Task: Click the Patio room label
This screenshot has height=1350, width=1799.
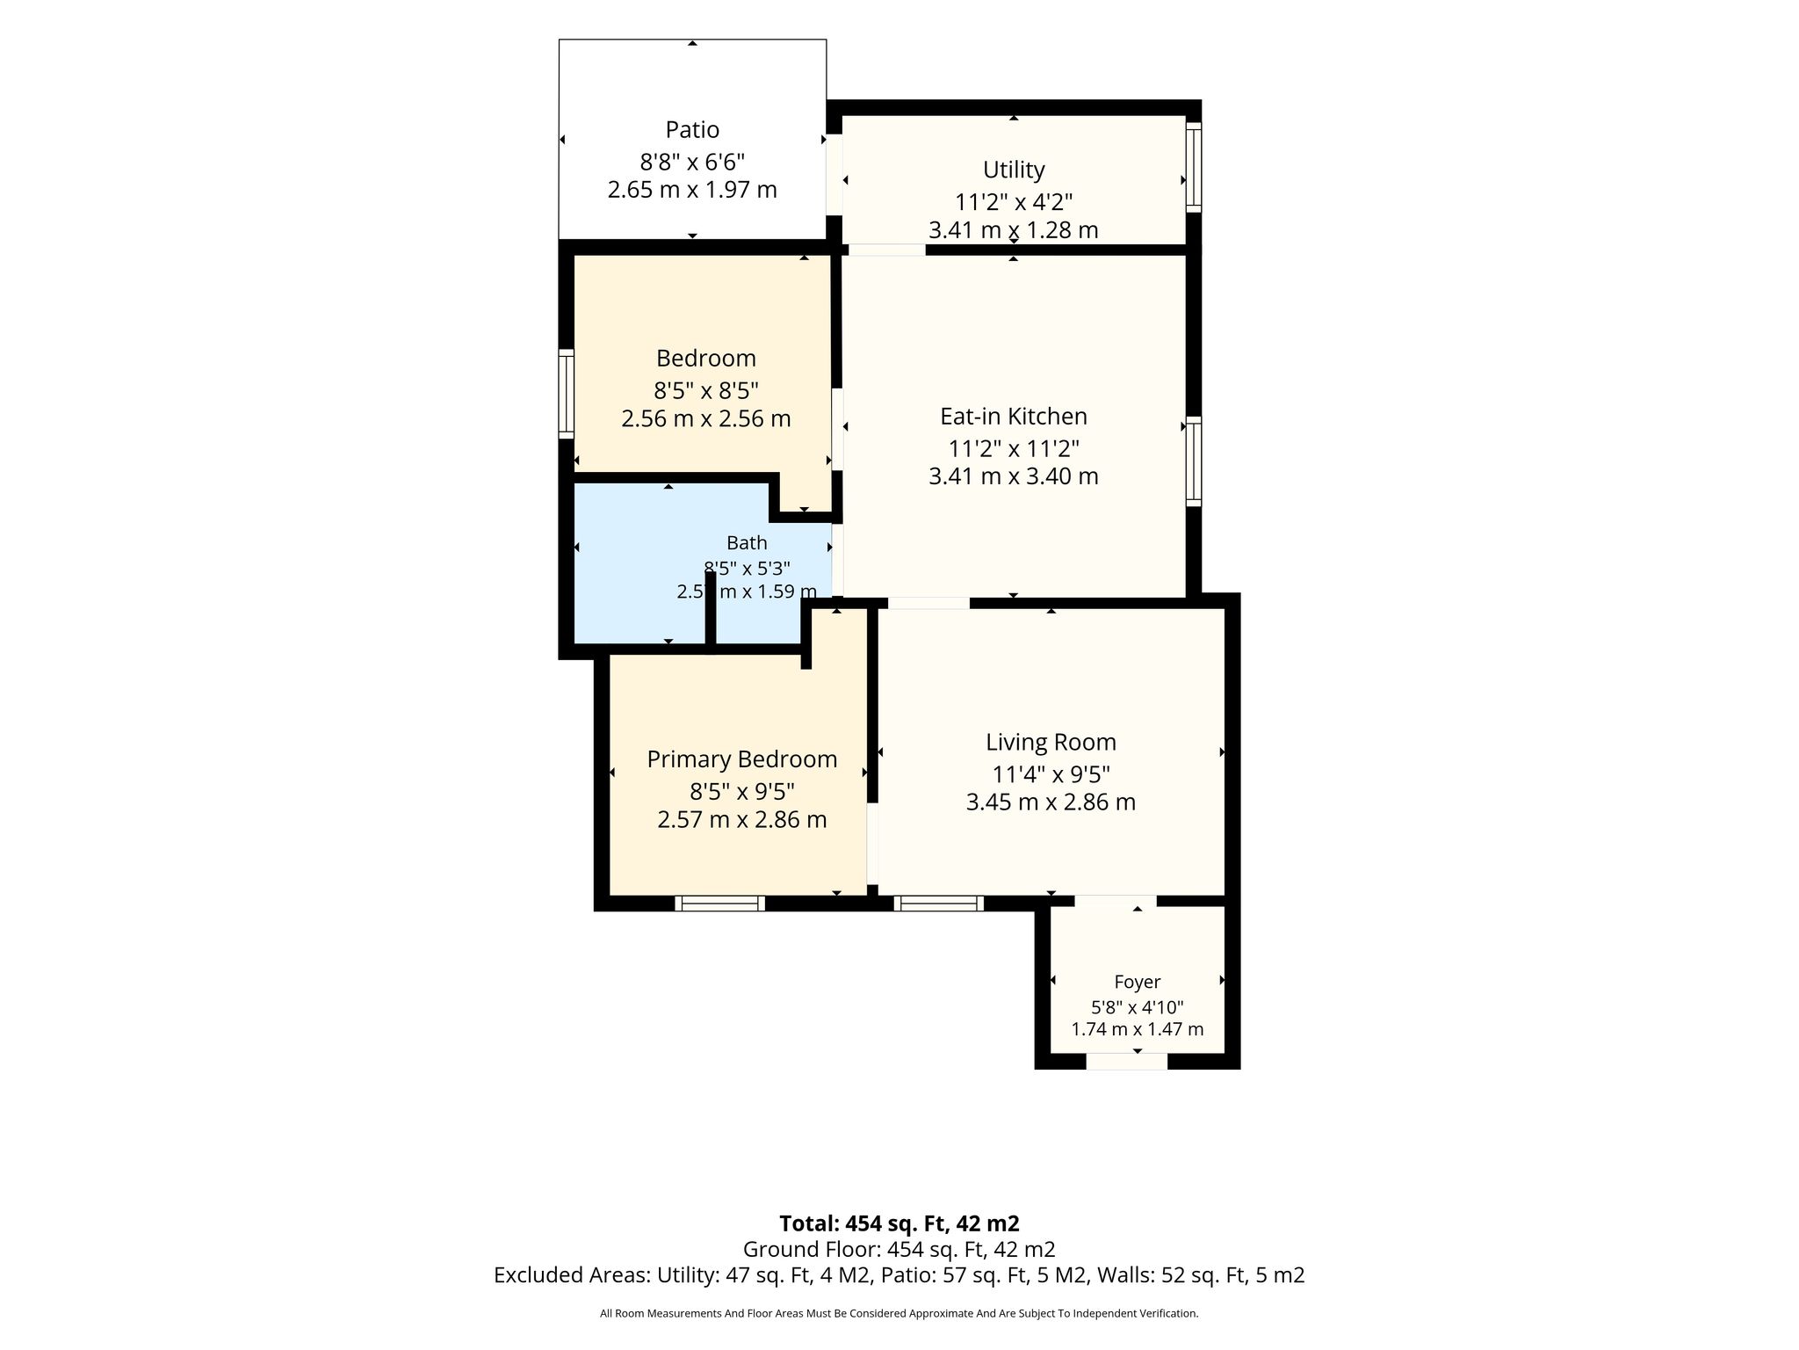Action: point(692,130)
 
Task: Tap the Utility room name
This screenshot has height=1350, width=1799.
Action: point(1014,170)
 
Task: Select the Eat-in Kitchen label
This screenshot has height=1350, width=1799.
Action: point(1014,417)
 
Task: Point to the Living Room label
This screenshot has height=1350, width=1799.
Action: point(1051,743)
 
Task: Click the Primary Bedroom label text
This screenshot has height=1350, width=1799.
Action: point(742,759)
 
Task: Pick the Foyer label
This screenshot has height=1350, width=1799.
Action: point(1138,983)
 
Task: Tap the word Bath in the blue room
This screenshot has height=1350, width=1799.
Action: point(747,543)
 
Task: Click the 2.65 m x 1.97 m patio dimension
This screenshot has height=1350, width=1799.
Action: point(692,190)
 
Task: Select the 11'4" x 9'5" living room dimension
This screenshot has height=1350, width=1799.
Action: point(1051,774)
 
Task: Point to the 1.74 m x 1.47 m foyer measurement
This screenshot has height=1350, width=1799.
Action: point(1138,1029)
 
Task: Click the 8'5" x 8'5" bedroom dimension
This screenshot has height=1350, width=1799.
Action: point(706,390)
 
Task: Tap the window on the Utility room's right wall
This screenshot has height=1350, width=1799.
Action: point(1194,167)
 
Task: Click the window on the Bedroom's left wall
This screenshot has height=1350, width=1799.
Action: point(567,394)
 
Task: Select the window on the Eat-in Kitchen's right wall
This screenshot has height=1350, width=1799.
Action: point(1194,461)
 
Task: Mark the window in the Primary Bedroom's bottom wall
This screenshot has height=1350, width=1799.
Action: point(719,904)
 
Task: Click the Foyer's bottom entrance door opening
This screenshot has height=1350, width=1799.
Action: point(1127,1062)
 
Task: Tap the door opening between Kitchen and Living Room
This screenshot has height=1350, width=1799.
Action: point(928,603)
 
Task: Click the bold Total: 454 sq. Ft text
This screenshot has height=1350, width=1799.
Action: point(899,1223)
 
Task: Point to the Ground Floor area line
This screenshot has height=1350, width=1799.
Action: point(899,1249)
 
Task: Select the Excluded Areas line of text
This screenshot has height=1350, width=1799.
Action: point(899,1275)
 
